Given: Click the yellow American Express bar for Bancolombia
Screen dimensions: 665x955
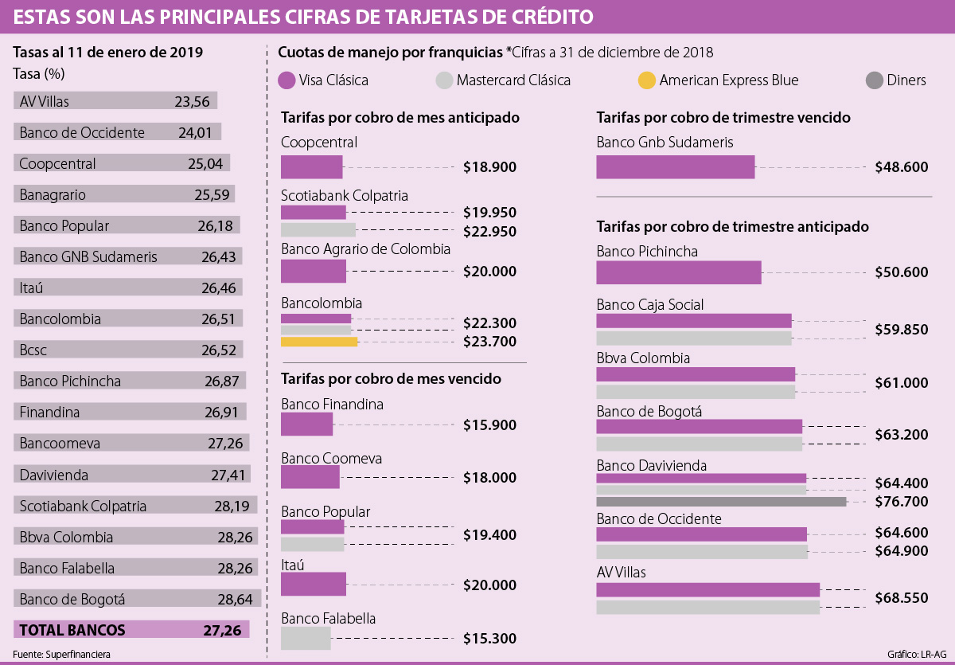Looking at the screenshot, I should click(319, 342).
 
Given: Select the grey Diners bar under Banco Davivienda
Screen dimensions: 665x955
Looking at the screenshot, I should click(721, 502).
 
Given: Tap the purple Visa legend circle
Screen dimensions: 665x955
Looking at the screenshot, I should click(287, 80).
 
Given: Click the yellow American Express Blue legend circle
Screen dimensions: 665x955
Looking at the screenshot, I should click(647, 80).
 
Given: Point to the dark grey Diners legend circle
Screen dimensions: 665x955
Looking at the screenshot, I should click(873, 80).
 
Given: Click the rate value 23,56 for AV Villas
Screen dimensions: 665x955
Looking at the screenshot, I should click(192, 101).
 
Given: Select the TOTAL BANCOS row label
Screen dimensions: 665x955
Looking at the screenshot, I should click(72, 630).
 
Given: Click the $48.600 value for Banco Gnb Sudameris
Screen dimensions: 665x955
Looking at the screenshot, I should click(901, 167).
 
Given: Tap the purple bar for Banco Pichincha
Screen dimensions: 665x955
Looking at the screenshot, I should click(678, 272).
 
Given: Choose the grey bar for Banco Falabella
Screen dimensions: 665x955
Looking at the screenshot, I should click(306, 639).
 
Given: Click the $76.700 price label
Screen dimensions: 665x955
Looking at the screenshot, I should click(901, 502).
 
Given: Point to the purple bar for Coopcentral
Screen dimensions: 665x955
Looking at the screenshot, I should click(311, 167).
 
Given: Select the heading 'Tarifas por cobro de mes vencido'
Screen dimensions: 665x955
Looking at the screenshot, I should click(391, 378).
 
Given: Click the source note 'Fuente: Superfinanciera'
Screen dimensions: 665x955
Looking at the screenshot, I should click(61, 654).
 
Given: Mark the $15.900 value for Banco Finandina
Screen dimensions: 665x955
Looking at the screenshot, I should click(490, 425).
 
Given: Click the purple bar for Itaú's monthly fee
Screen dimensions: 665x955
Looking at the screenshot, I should click(314, 585).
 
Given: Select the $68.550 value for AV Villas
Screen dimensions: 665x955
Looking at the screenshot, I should click(901, 597).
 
